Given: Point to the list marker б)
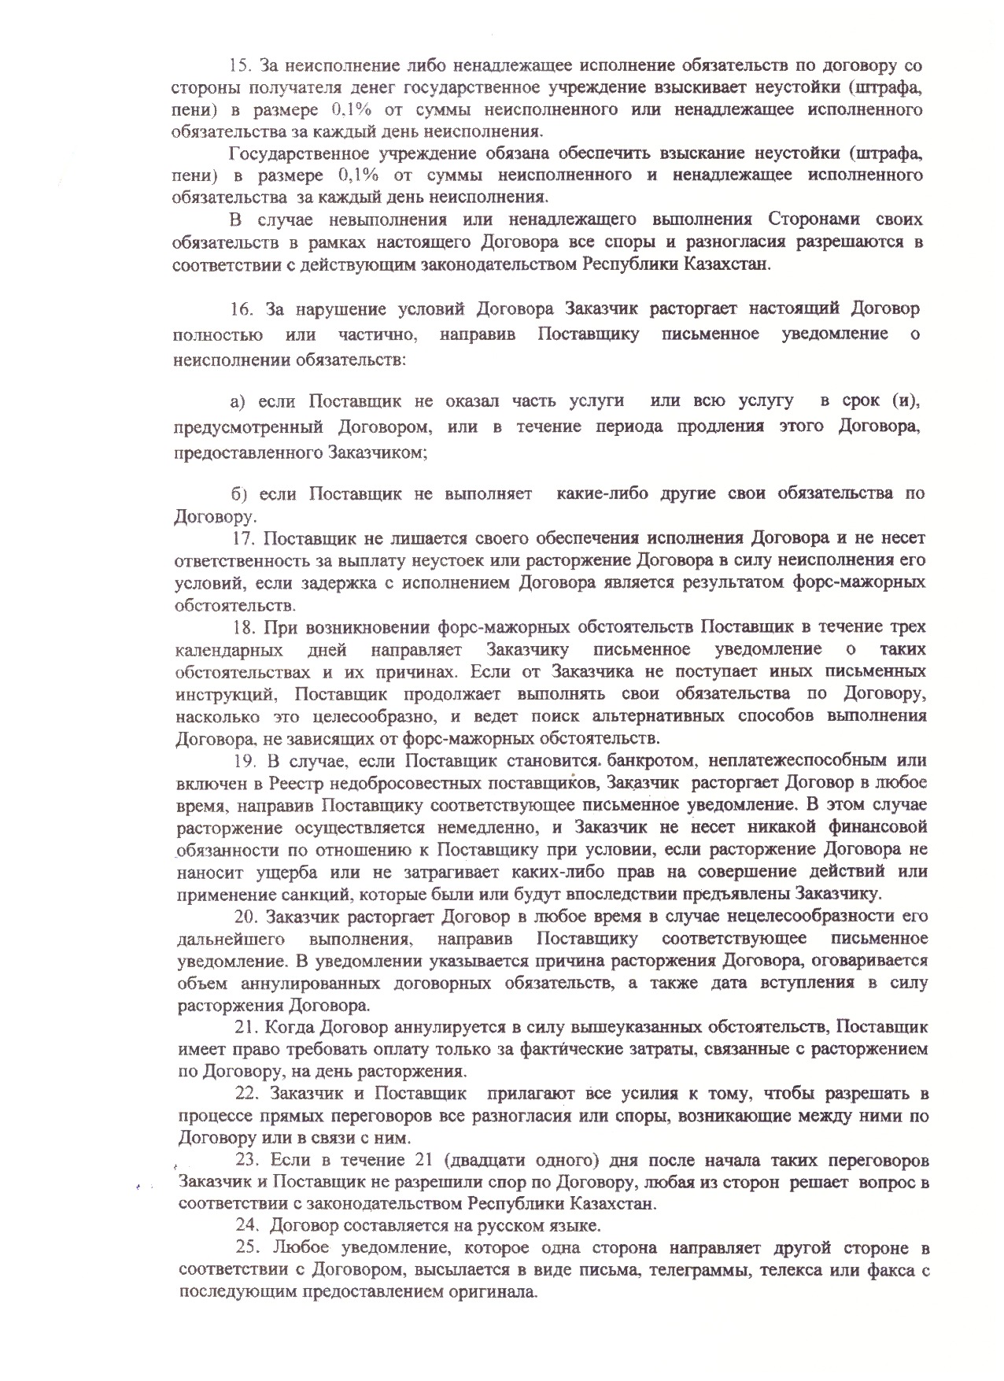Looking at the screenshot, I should pyautogui.click(x=239, y=493).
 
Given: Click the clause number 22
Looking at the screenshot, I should pyautogui.click(x=248, y=1095).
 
